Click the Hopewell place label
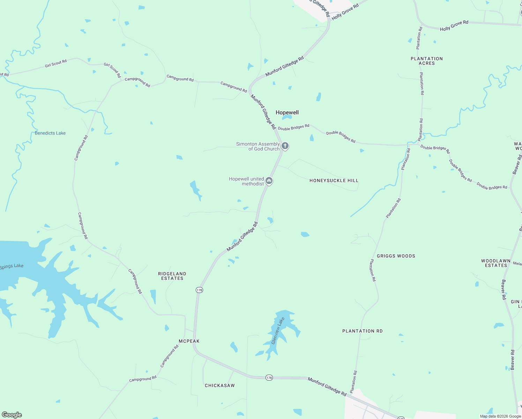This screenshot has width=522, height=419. pos(287,112)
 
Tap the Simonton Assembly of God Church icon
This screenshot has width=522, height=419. pos(285,146)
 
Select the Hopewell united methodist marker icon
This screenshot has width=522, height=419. pos(269,181)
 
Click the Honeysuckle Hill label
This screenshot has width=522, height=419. pos(334,181)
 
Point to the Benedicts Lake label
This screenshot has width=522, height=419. pos(50,133)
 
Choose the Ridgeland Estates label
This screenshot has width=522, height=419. pos(172,276)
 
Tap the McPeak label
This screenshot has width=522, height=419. pos(189,341)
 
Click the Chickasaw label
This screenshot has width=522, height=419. pos(220,385)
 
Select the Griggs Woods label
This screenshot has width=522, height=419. pos(396,256)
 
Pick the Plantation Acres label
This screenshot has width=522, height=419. pos(427,61)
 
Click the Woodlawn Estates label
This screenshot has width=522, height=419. pos(496,263)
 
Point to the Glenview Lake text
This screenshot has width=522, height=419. pos(276,331)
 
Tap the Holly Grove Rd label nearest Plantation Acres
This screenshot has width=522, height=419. pos(454,25)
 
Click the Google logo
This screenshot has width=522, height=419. pos(12,415)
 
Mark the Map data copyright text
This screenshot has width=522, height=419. pos(500,416)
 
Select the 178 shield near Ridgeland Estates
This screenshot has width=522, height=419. pos(199,290)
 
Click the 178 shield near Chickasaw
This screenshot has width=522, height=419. pos(269,377)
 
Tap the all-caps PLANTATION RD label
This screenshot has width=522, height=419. pos(362,331)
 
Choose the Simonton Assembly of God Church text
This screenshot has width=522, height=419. pos(258,146)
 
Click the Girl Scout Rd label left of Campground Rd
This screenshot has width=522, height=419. pos(56,64)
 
